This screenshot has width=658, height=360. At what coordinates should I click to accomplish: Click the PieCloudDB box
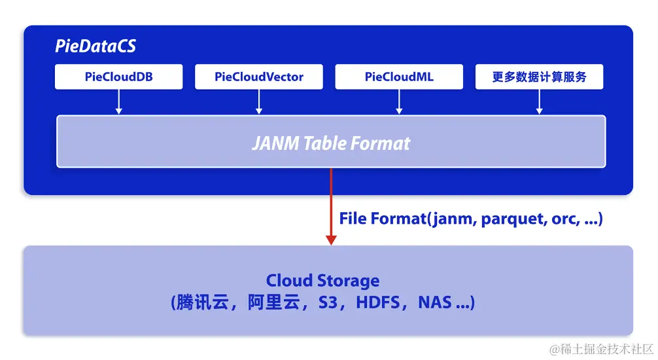(x=118, y=77)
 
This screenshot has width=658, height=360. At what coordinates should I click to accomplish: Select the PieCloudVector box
(x=259, y=77)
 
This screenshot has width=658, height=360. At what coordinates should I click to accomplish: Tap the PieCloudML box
(x=399, y=77)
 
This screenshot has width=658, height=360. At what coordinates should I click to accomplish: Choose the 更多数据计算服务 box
(x=539, y=77)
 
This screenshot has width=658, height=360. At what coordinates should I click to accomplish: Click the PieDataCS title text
(x=95, y=47)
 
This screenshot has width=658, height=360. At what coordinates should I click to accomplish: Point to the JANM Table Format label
(x=331, y=143)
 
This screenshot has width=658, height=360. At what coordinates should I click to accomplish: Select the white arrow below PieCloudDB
(x=118, y=101)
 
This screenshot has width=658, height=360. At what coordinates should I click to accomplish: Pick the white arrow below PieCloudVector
(x=259, y=101)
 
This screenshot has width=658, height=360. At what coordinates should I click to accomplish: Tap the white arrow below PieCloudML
(x=399, y=101)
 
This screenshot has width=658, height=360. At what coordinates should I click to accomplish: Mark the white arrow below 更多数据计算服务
(x=539, y=101)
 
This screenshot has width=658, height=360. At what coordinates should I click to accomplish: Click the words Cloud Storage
(x=322, y=281)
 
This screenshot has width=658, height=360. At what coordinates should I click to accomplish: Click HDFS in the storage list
(x=378, y=302)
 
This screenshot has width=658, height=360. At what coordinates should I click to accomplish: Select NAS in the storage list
(x=434, y=302)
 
